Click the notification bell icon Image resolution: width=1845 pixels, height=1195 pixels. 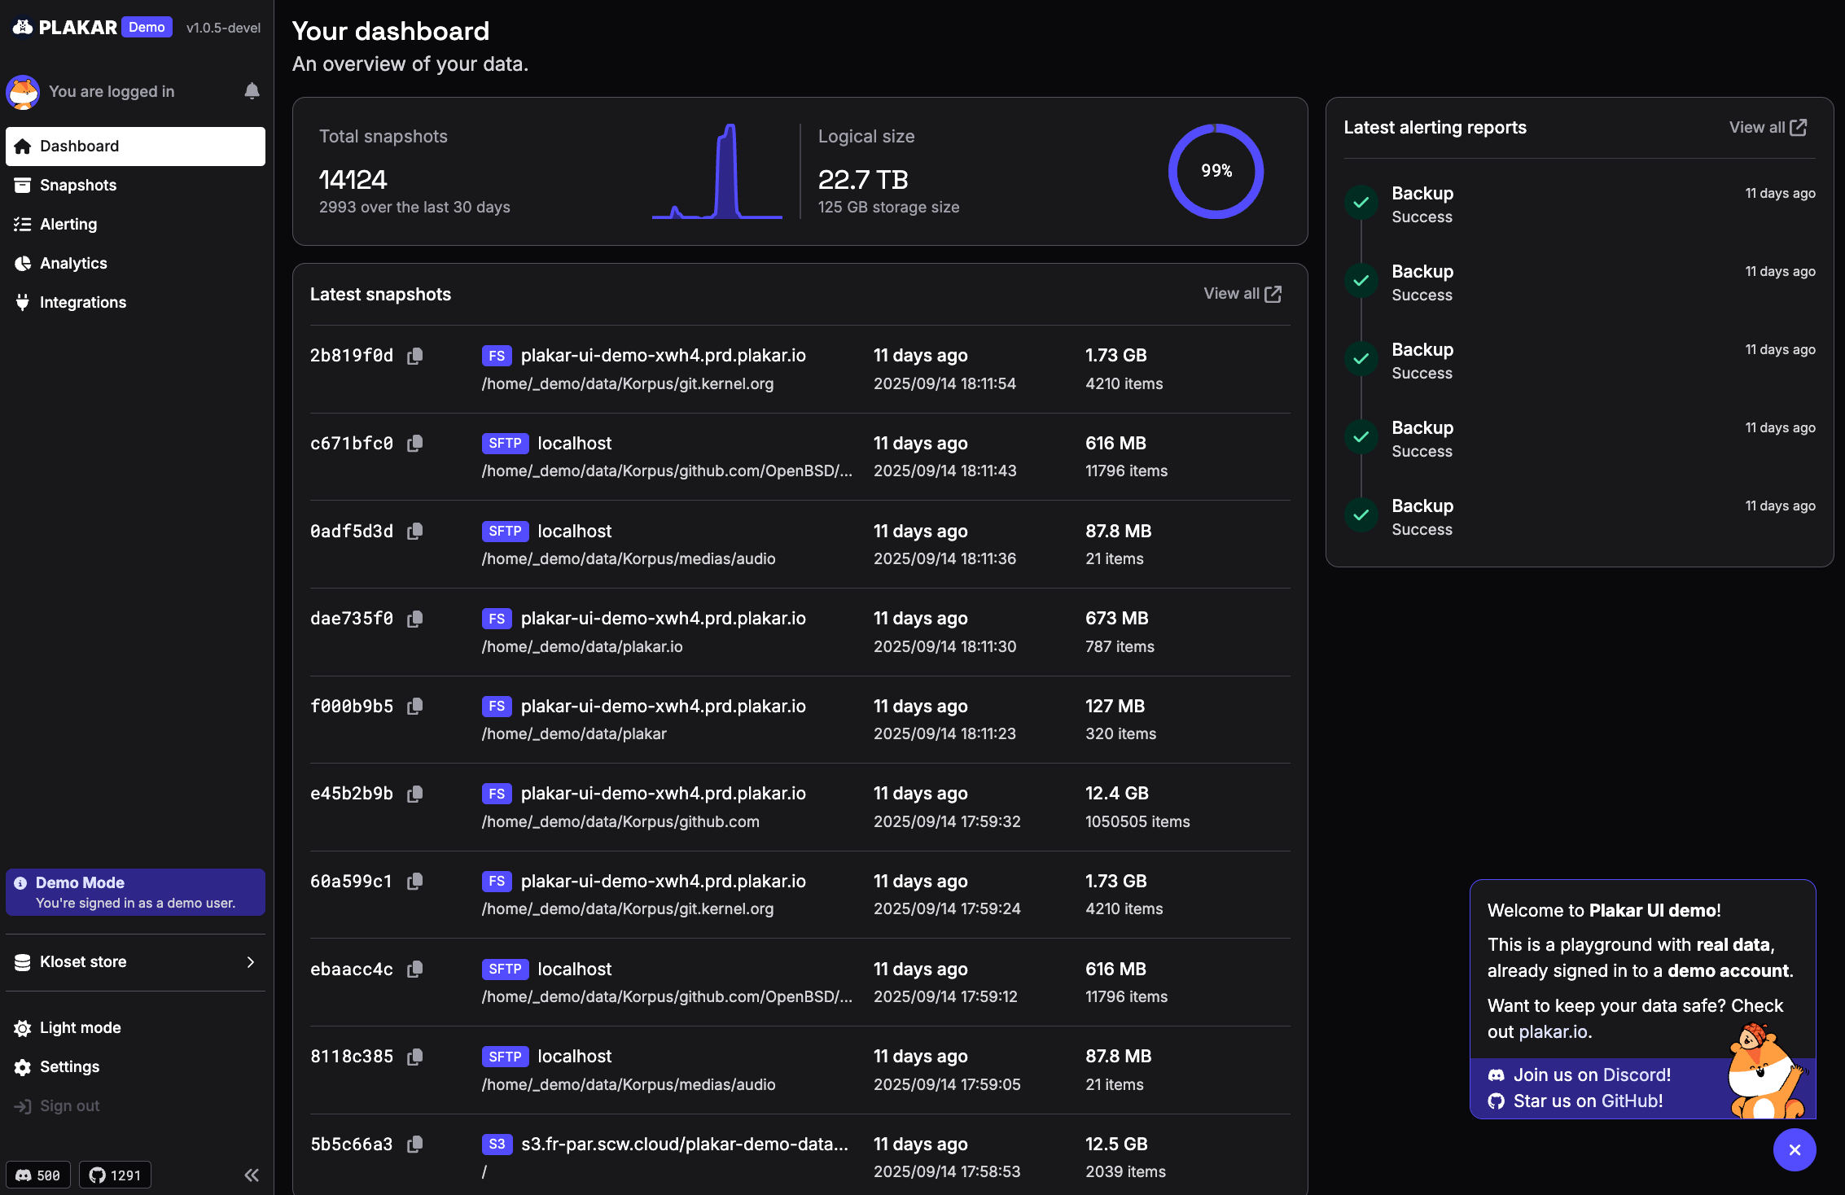coord(252,91)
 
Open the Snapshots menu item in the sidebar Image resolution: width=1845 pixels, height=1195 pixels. coord(78,185)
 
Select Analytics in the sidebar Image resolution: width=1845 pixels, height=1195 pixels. coord(73,263)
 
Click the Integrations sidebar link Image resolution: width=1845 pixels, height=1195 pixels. coord(83,302)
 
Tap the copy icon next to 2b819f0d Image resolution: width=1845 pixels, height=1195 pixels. coord(415,356)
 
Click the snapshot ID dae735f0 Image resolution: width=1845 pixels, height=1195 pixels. coord(352,619)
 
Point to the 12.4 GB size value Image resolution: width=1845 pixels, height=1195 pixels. coord(1116,793)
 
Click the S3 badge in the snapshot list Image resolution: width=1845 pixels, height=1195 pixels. coord(497,1144)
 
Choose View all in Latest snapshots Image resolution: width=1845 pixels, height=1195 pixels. coord(1242,294)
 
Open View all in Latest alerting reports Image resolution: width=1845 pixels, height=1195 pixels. coord(1768,128)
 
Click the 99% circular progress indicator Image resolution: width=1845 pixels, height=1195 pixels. coord(1216,171)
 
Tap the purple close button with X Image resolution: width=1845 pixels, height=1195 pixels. coord(1795,1149)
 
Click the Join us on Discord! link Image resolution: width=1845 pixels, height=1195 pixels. coord(1591,1075)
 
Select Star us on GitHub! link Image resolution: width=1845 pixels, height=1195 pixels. coord(1587,1101)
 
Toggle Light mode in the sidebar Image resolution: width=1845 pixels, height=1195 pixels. coord(80,1027)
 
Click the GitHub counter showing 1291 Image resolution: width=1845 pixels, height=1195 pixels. coord(115,1175)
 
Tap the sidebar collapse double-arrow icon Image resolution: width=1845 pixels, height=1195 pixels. coord(252,1175)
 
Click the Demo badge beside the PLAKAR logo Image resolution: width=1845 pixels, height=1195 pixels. coord(147,27)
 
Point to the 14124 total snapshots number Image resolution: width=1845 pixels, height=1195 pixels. coord(353,179)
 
